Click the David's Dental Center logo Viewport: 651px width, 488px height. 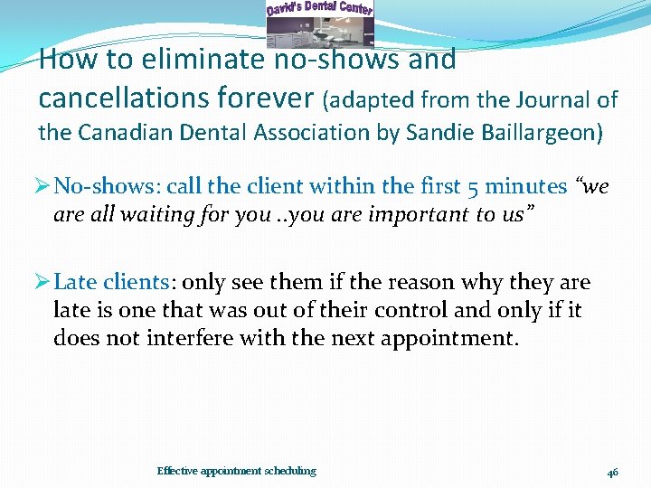(319, 23)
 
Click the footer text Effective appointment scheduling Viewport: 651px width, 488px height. (236, 471)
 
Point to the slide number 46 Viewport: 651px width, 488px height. (612, 472)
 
